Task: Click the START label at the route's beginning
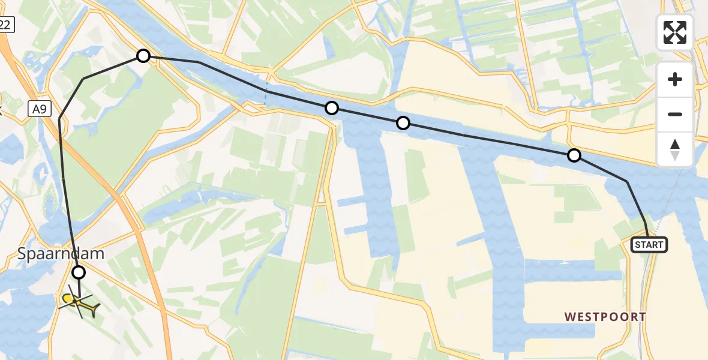coord(649,245)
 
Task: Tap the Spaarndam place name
coord(61,253)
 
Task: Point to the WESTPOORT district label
coord(605,316)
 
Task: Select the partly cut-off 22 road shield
coord(5,25)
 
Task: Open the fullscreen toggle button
coord(675,32)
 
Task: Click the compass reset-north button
coord(675,149)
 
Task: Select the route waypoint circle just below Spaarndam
coord(79,273)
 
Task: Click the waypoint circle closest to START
coord(574,156)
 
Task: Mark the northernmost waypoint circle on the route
coord(143,56)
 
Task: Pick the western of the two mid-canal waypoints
coord(332,108)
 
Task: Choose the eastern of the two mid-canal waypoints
coord(403,123)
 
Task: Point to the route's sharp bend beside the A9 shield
coord(59,119)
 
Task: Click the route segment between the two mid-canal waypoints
coord(367,116)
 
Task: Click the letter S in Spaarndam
coord(23,254)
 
